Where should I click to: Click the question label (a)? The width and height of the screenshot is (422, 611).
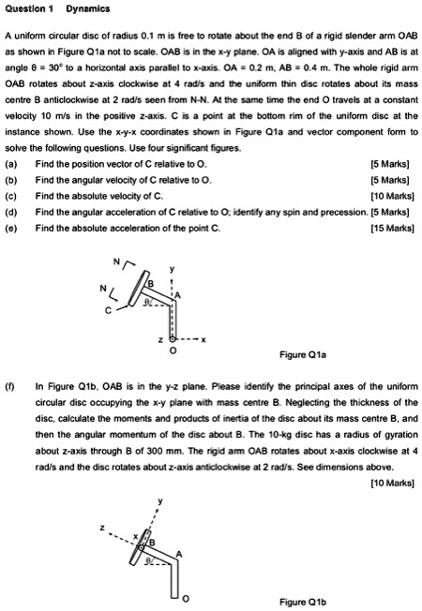click(x=12, y=163)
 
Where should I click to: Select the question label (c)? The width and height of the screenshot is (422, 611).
click(x=12, y=195)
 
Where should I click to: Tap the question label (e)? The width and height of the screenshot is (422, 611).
click(x=12, y=226)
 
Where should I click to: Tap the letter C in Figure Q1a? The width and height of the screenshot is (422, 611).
click(x=108, y=310)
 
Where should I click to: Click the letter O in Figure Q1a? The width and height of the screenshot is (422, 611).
click(x=171, y=353)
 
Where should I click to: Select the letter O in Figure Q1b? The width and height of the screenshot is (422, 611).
click(x=185, y=596)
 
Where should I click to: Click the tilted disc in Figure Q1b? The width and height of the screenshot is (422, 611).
click(x=143, y=546)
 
